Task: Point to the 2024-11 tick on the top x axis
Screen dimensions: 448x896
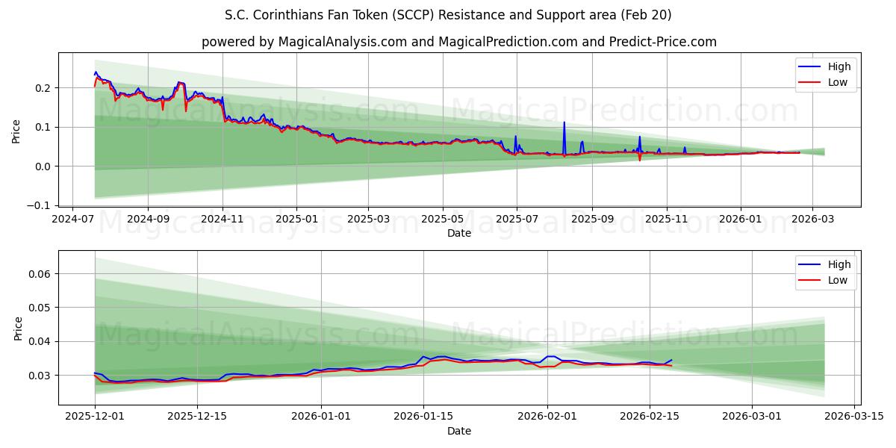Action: (x=223, y=220)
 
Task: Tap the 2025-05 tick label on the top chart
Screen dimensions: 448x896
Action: (x=443, y=220)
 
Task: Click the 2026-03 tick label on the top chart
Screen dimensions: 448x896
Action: (x=812, y=220)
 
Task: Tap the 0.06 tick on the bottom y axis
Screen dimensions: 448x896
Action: (x=40, y=274)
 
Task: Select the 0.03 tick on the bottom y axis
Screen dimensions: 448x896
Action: (x=40, y=376)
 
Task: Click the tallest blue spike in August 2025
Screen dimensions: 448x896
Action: (x=564, y=122)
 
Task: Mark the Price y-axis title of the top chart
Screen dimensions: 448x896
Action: (x=16, y=131)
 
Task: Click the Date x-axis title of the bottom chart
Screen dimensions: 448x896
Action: (x=458, y=431)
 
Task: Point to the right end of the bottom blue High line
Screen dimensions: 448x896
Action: (x=671, y=360)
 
